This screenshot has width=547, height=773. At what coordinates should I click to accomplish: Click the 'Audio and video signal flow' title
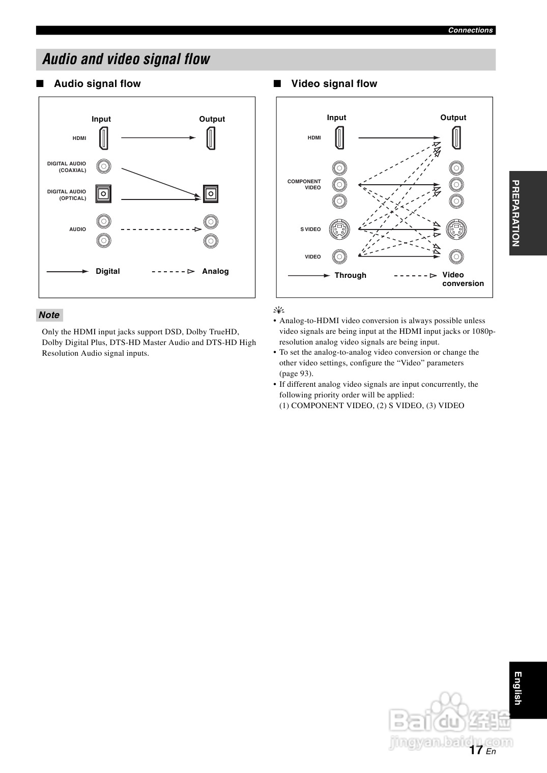(x=126, y=59)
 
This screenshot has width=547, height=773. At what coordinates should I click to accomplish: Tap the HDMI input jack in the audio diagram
(x=103, y=138)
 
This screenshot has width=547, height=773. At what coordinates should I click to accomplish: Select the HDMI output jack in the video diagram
(x=456, y=137)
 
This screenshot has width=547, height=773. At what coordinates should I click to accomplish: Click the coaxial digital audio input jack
(x=103, y=166)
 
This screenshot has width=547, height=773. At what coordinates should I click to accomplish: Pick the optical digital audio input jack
(x=103, y=194)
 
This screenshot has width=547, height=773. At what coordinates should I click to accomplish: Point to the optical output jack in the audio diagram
(x=211, y=194)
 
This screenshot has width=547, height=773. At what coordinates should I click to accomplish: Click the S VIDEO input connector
(x=339, y=230)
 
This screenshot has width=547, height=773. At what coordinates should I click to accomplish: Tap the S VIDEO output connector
(x=456, y=230)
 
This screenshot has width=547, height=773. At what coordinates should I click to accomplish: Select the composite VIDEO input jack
(x=339, y=256)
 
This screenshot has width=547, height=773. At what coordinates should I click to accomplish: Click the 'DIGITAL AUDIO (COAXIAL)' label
(x=67, y=167)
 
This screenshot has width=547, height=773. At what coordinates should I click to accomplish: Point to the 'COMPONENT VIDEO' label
(x=304, y=184)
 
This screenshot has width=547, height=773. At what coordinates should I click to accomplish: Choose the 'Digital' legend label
(x=108, y=271)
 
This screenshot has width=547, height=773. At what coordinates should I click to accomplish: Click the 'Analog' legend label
(x=215, y=271)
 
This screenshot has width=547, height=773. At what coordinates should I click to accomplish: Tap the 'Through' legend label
(x=350, y=275)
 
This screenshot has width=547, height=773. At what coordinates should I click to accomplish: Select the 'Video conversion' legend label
(x=463, y=279)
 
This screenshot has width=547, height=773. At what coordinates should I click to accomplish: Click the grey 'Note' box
(x=49, y=315)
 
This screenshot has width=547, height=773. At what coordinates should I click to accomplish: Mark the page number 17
(x=476, y=750)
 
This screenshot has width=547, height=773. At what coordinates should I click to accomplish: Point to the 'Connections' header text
(x=470, y=30)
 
